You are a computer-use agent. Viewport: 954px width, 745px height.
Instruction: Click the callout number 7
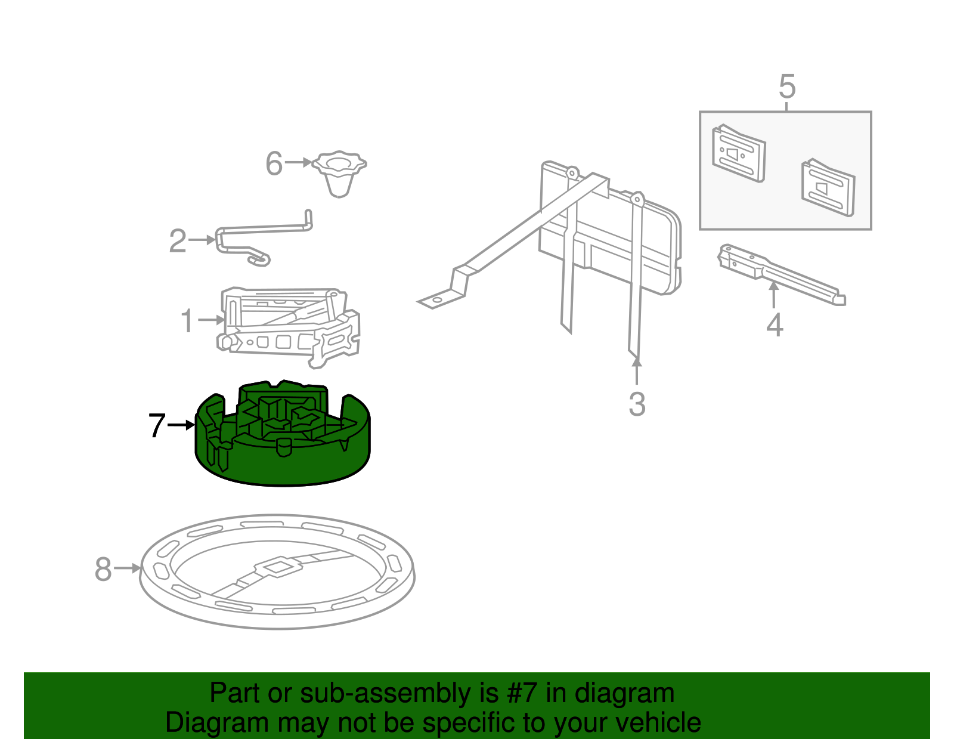[157, 425]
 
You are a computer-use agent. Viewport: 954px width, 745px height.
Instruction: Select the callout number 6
[274, 163]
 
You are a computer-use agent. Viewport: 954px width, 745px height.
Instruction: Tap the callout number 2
[178, 240]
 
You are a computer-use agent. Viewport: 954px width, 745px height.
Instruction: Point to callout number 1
[187, 320]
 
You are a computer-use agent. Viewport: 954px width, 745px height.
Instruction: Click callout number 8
[103, 569]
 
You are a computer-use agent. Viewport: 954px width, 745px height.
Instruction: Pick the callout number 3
[637, 404]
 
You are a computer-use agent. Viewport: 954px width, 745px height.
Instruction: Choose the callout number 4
[775, 325]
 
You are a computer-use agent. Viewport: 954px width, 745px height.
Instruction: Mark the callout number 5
[786, 86]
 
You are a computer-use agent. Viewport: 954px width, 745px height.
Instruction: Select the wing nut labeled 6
[339, 174]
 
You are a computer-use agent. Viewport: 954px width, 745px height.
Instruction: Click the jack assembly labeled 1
[289, 327]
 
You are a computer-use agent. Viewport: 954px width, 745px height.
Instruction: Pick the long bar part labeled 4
[782, 274]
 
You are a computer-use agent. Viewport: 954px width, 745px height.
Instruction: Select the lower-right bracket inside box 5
[828, 187]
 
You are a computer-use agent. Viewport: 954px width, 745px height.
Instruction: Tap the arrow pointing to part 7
[181, 425]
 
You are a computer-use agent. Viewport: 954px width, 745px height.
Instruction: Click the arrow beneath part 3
[637, 371]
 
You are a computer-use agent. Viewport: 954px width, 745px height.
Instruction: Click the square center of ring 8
[277, 567]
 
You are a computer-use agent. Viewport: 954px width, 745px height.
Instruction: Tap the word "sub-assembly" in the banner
[399, 693]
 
